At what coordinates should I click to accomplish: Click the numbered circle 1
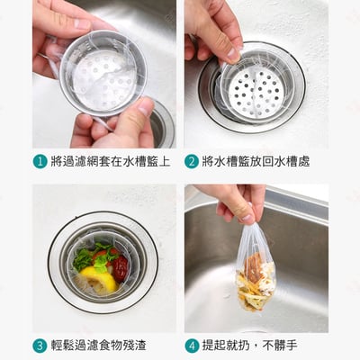tap(40, 162)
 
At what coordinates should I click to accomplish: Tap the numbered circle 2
tap(192, 162)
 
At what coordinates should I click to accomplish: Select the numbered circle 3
tap(40, 346)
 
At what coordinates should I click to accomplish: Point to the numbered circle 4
tap(192, 346)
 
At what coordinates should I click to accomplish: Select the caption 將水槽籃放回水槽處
tap(256, 162)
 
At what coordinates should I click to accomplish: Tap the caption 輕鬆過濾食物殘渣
tap(98, 346)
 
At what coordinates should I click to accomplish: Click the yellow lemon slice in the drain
tap(99, 280)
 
